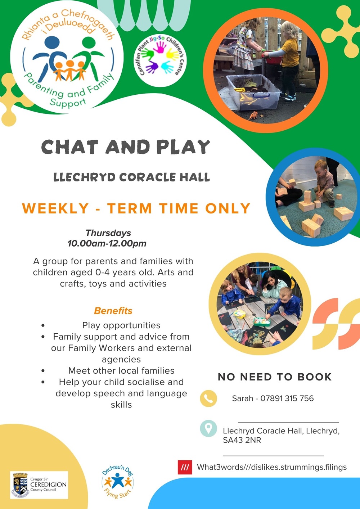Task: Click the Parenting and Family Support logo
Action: point(68,58)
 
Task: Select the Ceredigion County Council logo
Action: point(39,485)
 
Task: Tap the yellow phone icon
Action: point(208,398)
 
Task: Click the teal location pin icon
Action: point(208,428)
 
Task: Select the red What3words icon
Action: point(185,467)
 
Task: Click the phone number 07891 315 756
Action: point(287,398)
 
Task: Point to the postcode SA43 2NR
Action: point(242,440)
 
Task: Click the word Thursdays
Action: point(108,233)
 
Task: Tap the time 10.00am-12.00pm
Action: point(107,243)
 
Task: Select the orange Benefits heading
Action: point(113,311)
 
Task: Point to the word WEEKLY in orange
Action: point(55,208)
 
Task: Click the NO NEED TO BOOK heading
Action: point(275,377)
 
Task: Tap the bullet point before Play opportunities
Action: point(43,325)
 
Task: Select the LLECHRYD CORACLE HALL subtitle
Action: point(132,177)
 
